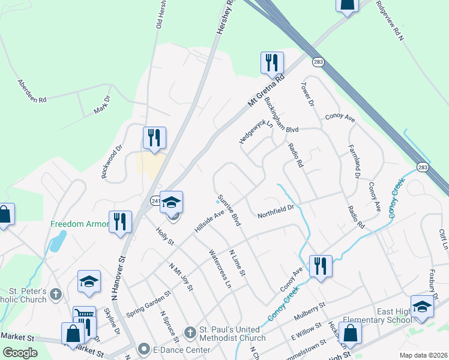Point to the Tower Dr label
(306, 94)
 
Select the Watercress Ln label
(219, 268)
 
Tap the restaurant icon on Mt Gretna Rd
(271, 62)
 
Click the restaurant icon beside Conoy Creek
(321, 266)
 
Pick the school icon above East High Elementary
(422, 306)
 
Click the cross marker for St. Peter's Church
(56, 294)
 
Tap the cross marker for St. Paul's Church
(190, 332)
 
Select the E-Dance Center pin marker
(143, 348)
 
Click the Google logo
(20, 353)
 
